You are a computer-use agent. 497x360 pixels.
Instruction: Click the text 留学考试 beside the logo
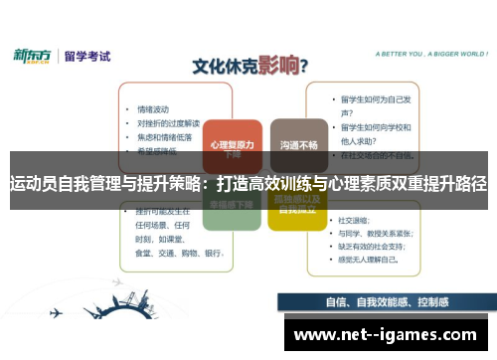[x=86, y=57]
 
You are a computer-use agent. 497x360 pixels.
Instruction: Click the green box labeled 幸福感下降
[x=230, y=206]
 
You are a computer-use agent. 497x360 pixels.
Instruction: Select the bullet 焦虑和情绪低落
[x=164, y=136]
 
